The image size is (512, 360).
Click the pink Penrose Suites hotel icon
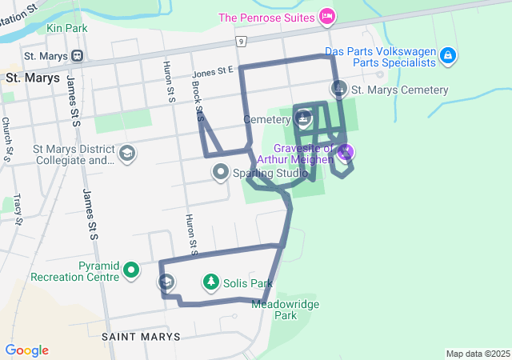tap(326, 16)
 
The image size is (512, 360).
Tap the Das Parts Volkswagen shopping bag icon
tap(449, 55)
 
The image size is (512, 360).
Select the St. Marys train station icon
tap(78, 56)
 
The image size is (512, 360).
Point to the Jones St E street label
tap(212, 73)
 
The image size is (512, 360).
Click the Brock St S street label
tap(197, 100)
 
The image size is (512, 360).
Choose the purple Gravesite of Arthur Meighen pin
tap(346, 150)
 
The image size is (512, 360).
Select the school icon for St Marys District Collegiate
tap(126, 153)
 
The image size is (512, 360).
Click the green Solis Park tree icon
tap(210, 282)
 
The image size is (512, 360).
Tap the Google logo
tap(27, 350)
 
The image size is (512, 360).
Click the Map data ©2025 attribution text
tap(478, 354)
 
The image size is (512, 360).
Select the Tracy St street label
tap(17, 209)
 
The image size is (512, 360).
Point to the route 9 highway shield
tap(240, 40)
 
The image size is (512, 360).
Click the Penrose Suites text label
tap(268, 17)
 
